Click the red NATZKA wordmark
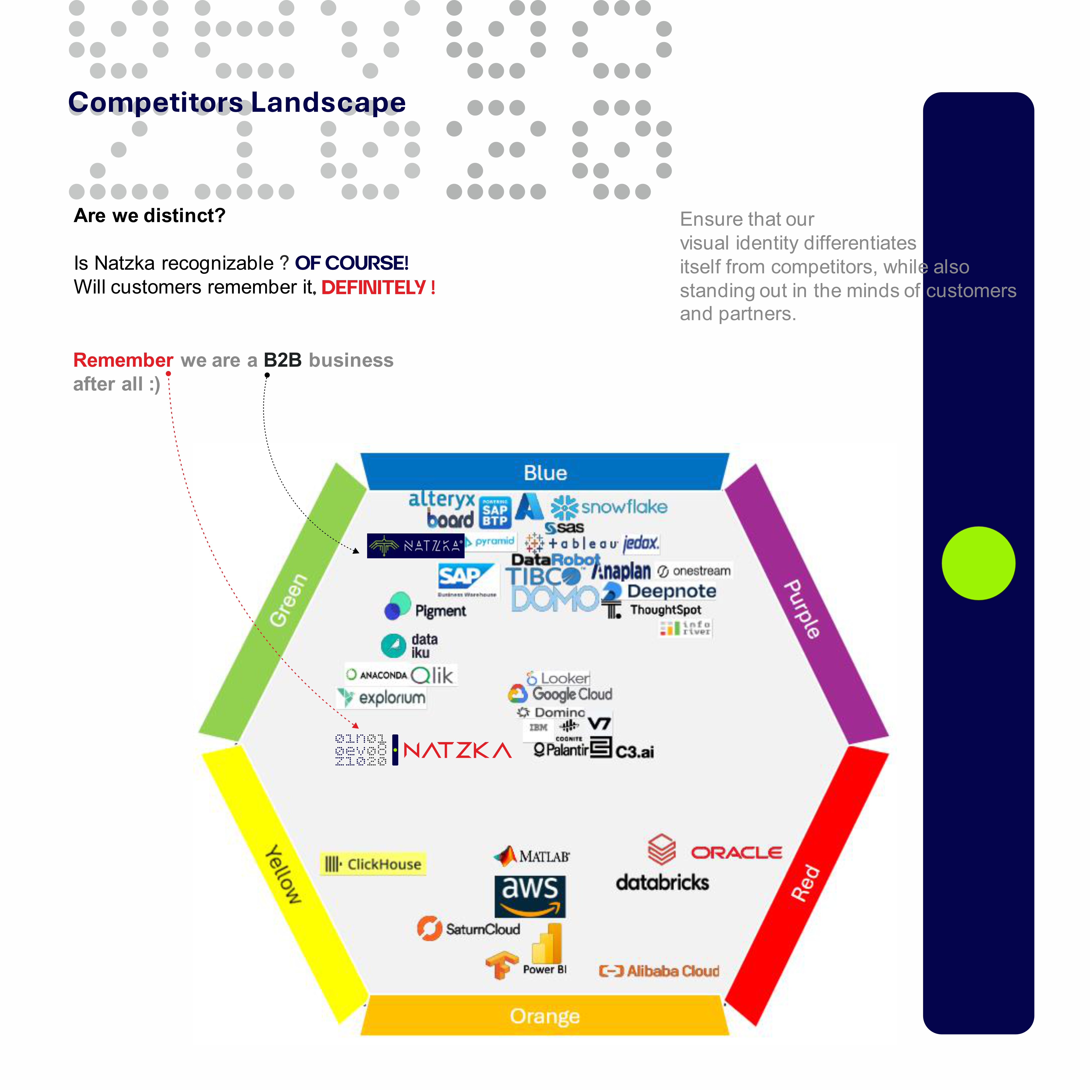(x=457, y=750)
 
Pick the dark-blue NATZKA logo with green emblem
(x=415, y=546)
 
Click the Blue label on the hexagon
(x=545, y=473)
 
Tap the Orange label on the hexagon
(x=545, y=1016)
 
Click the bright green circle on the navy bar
(x=978, y=563)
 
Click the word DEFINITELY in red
(x=373, y=288)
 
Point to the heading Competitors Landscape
(x=237, y=102)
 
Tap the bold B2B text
(x=283, y=360)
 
